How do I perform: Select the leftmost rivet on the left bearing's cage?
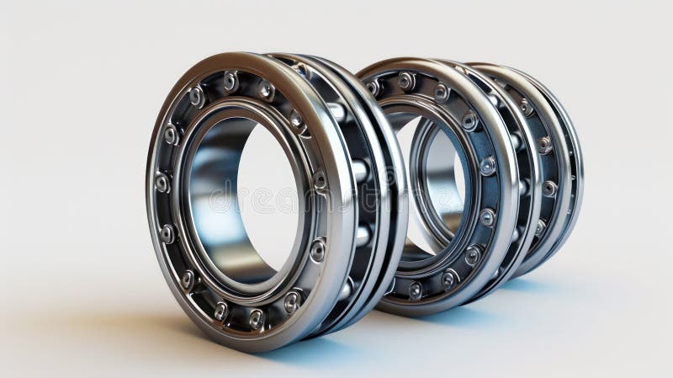[x=162, y=183]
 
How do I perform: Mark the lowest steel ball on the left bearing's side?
[x=344, y=290]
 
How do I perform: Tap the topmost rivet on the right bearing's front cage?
[x=406, y=80]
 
